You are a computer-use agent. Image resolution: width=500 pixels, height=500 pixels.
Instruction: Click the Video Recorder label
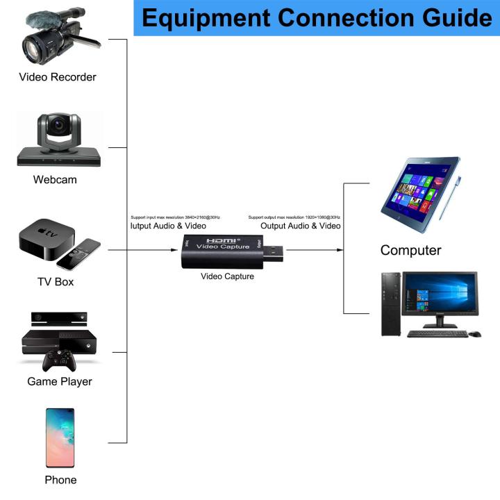(58, 77)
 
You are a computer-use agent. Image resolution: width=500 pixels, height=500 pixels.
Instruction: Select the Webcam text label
(55, 180)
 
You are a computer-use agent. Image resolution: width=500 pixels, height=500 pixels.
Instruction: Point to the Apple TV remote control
(78, 254)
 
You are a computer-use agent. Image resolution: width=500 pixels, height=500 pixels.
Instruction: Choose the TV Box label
(55, 282)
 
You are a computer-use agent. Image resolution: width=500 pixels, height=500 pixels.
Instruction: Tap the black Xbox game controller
(59, 360)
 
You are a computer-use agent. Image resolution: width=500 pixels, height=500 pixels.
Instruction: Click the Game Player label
(59, 381)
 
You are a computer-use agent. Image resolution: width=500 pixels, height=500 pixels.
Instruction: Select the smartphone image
(60, 437)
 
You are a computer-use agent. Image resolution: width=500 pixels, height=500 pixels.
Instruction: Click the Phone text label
(60, 480)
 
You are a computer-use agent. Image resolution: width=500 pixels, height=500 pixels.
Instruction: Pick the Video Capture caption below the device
(227, 276)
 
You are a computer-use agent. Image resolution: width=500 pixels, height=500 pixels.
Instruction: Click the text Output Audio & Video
(300, 226)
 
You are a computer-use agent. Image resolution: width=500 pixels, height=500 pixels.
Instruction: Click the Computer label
(410, 251)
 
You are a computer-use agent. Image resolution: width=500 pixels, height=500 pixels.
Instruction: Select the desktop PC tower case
(391, 303)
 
